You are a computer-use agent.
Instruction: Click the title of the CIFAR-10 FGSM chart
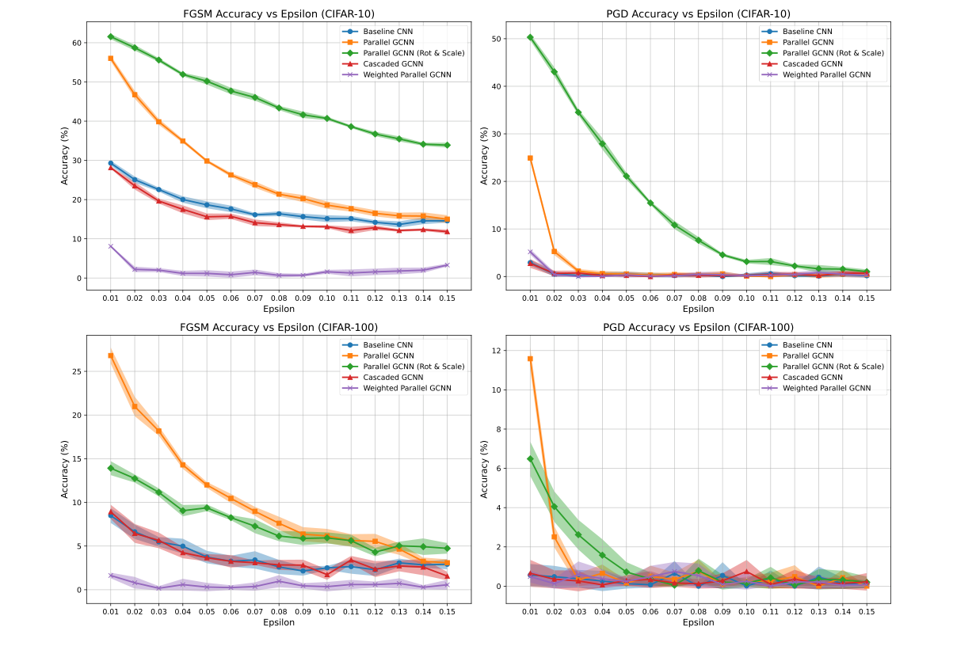279,13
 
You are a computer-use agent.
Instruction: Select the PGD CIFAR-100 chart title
698,327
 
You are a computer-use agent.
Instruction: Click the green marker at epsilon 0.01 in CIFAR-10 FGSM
111,36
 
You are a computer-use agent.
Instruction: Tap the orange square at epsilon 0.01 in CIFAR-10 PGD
530,158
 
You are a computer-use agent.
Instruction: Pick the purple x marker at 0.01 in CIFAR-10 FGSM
111,246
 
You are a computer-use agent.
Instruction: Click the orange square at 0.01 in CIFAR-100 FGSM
111,355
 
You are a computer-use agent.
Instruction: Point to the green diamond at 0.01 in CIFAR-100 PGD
530,458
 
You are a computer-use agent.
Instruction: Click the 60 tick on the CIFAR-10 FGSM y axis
77,43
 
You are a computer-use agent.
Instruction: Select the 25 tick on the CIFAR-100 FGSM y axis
77,371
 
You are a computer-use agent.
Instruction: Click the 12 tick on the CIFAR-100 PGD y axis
496,351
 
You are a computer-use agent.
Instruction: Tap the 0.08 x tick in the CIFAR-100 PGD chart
698,611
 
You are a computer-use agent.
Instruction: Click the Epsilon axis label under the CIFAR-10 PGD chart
698,310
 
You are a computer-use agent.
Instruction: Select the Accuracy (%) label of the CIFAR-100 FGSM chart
65,468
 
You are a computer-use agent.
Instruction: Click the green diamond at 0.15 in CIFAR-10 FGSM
447,145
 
